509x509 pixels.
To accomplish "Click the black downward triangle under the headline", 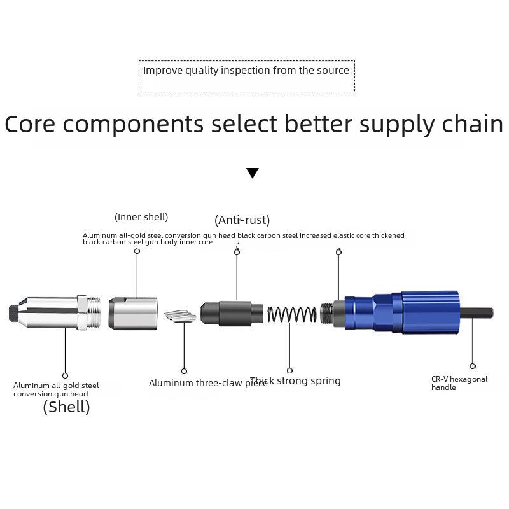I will pos(253,173).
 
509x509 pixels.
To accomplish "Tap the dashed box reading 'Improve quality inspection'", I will pos(246,76).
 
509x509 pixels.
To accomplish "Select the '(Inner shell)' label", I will pos(141,217).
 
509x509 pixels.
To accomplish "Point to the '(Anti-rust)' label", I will pos(242,220).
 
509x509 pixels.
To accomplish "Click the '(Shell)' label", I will pos(66,407).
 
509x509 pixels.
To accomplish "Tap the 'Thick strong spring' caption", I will pos(295,381).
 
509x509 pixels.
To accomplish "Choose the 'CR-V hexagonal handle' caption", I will pos(459,383).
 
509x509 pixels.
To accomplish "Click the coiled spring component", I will pos(292,314).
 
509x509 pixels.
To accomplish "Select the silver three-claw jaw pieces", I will pos(181,316).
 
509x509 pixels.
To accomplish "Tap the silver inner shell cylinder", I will pos(133,313).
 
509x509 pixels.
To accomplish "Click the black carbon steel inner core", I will pos(232,313).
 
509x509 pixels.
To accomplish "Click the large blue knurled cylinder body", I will pos(429,312).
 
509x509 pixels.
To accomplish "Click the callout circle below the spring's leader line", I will pos(289,370).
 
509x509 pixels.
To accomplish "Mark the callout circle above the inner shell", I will pos(137,251).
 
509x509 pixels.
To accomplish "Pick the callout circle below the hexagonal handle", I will pos(473,366).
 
